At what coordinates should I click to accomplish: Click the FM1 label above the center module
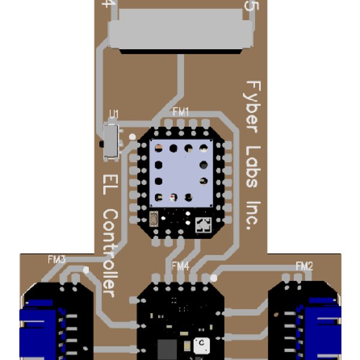(x=181, y=112)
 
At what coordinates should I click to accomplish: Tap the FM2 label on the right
(x=305, y=266)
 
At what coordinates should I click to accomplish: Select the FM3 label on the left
(x=56, y=260)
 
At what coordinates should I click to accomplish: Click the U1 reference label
(x=113, y=114)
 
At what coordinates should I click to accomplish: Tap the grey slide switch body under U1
(x=110, y=142)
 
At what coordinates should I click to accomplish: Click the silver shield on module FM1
(x=181, y=172)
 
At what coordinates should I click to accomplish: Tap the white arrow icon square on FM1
(x=203, y=226)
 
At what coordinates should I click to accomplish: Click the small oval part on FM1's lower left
(x=154, y=220)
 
